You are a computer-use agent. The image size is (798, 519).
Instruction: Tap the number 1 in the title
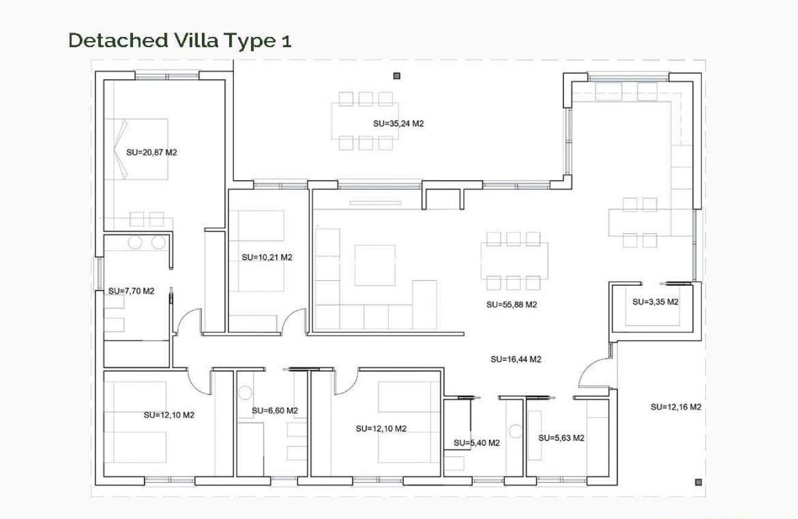(x=285, y=40)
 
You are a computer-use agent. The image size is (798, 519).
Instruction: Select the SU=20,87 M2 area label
(x=151, y=152)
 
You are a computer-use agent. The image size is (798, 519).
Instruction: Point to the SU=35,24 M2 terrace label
(x=398, y=123)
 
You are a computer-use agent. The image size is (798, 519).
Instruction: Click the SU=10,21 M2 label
(x=267, y=257)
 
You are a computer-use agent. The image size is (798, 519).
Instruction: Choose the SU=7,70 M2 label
(x=131, y=291)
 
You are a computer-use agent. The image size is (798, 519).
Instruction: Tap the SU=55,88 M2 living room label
(x=511, y=305)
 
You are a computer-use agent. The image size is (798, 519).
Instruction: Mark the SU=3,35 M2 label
(x=655, y=301)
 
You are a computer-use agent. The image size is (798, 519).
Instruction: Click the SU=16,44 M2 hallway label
(x=516, y=359)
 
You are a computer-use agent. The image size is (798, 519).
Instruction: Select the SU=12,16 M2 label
(x=676, y=407)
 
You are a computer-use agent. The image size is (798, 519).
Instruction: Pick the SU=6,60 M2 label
(x=275, y=411)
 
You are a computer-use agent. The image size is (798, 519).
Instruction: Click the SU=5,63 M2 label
(x=561, y=437)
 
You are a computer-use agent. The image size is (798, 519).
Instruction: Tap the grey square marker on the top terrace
(x=397, y=76)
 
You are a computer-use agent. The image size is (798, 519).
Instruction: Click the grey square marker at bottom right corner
(x=699, y=482)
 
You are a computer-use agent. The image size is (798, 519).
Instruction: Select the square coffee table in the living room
(x=375, y=265)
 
